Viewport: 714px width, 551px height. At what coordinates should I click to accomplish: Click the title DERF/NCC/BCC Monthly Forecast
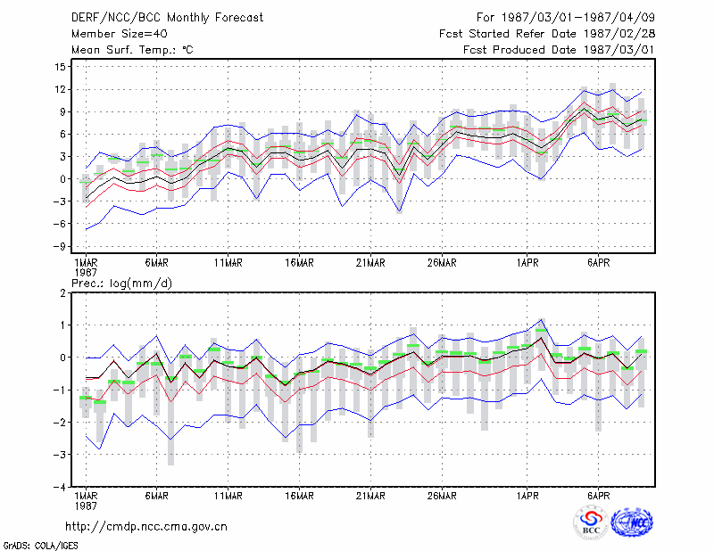click(167, 18)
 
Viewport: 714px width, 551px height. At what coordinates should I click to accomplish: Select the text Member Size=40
click(120, 34)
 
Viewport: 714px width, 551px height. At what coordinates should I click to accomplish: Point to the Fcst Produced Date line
click(559, 50)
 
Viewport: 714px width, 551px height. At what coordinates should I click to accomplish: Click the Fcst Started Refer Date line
click(547, 34)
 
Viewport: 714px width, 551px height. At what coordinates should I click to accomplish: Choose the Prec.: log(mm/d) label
click(121, 284)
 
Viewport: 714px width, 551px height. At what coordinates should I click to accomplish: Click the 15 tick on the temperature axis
click(61, 67)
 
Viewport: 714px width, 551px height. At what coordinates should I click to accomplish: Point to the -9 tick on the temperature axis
click(60, 247)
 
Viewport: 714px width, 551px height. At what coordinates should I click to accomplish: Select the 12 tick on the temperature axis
click(61, 89)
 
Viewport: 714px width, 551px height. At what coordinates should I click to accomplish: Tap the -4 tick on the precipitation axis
click(60, 487)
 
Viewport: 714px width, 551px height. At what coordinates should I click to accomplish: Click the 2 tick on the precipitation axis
click(62, 293)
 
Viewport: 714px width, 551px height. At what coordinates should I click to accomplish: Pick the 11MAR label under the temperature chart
click(228, 263)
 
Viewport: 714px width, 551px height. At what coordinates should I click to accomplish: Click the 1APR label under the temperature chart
click(527, 263)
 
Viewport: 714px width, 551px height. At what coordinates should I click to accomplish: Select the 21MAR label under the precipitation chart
click(370, 496)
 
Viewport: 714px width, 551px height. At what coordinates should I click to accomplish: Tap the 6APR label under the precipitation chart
click(598, 496)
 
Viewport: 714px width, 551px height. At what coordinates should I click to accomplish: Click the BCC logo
click(591, 523)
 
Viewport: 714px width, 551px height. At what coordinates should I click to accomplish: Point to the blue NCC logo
click(632, 522)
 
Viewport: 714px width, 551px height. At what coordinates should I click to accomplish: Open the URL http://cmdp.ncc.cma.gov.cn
click(146, 527)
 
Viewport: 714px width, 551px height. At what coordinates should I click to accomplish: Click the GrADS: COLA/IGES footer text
click(40, 546)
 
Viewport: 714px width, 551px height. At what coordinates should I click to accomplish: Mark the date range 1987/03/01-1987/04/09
click(577, 18)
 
